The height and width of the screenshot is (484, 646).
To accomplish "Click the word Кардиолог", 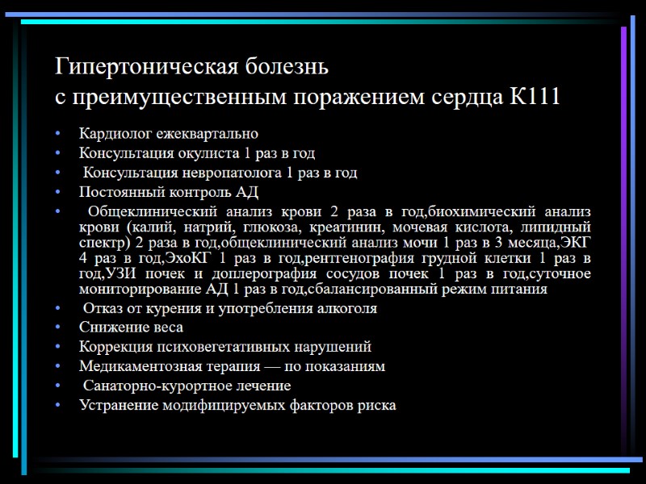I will click(113, 133).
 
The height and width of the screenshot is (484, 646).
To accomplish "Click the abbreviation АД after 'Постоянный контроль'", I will click(246, 192).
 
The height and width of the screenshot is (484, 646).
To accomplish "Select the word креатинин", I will click(346, 227).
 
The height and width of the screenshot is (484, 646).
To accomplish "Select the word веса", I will click(167, 328).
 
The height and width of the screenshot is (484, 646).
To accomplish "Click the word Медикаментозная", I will click(140, 366).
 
